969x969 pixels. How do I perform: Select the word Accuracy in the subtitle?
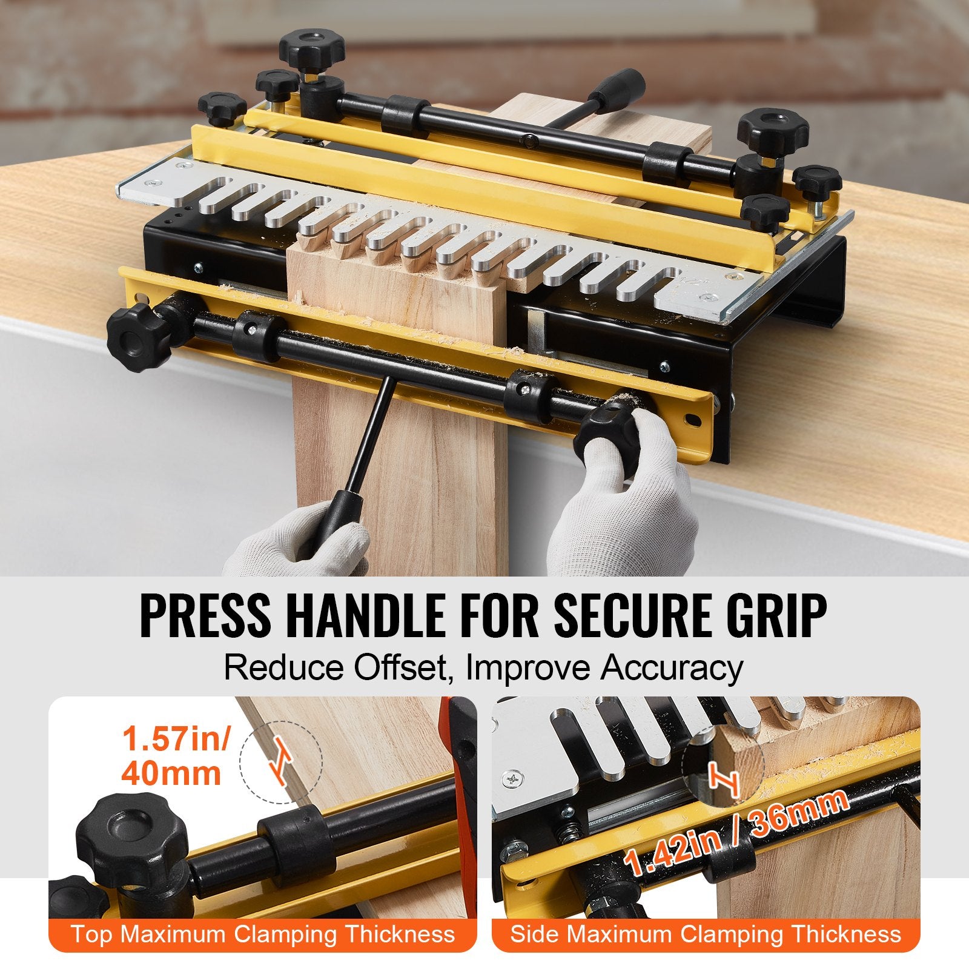tap(672, 668)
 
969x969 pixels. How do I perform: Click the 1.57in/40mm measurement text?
tap(176, 756)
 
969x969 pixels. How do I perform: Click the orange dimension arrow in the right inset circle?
tap(724, 781)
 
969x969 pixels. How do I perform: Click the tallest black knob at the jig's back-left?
tap(311, 48)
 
